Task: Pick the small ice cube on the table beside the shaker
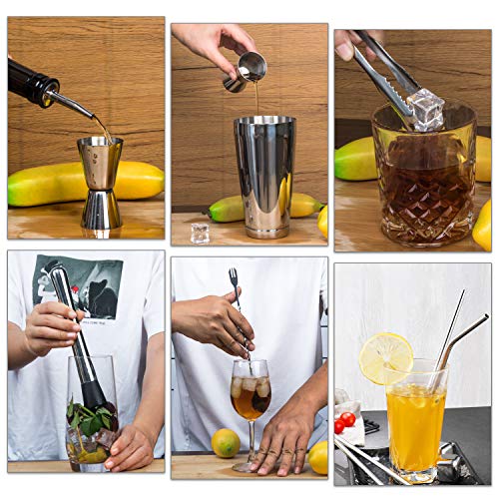click(x=200, y=233)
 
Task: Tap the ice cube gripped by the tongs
click(x=426, y=108)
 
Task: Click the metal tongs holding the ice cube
click(x=384, y=70)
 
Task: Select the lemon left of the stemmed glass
click(x=226, y=442)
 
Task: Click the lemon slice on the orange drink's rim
click(x=386, y=356)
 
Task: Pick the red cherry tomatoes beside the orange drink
click(x=344, y=422)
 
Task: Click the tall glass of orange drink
click(x=416, y=419)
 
